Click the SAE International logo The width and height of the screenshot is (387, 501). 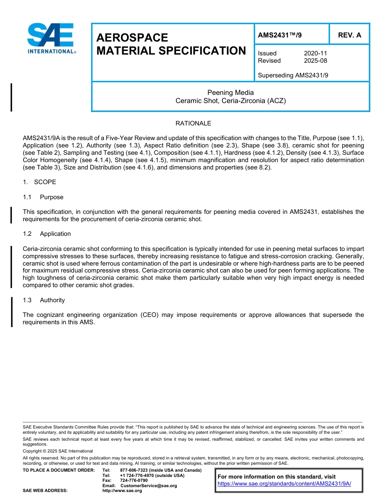[51, 38]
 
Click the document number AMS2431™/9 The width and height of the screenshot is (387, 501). [279, 35]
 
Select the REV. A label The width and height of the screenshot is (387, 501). [349, 35]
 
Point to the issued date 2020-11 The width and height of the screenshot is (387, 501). [315, 53]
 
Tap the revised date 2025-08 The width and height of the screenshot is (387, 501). [315, 61]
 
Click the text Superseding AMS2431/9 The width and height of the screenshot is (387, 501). [293, 75]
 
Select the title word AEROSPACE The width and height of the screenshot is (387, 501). [132, 38]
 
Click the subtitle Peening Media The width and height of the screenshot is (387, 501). [230, 92]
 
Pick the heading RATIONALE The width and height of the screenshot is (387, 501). [193, 123]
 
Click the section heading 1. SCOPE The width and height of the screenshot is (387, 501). [40, 182]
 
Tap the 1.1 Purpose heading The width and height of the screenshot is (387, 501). [44, 197]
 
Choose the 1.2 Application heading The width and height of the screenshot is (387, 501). [47, 234]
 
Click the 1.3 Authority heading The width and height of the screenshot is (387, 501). [44, 300]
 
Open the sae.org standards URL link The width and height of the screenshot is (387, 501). [284, 484]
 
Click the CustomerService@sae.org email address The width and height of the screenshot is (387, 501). [149, 486]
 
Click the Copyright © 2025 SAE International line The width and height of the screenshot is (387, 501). [58, 451]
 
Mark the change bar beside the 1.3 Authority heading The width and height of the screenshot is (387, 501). [12, 312]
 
